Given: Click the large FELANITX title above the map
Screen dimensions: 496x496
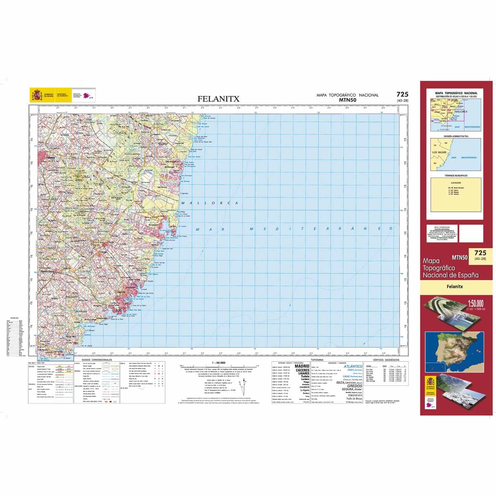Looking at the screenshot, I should point(218,99).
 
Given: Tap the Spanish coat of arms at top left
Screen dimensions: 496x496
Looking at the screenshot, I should point(36,95).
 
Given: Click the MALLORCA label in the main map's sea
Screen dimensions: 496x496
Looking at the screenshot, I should point(210,203).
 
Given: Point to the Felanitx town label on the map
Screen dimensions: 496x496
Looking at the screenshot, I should point(51,157).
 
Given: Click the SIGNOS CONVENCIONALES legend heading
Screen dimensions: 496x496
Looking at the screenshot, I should point(98,360).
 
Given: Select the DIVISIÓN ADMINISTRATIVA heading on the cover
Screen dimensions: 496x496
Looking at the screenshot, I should point(456,136).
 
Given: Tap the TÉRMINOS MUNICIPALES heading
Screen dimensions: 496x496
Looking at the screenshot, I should point(456,175).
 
